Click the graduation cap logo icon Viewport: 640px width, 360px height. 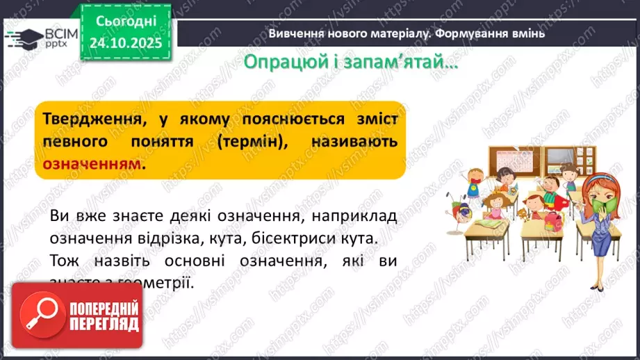pos(24,38)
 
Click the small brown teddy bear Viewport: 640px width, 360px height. pos(517,213)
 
